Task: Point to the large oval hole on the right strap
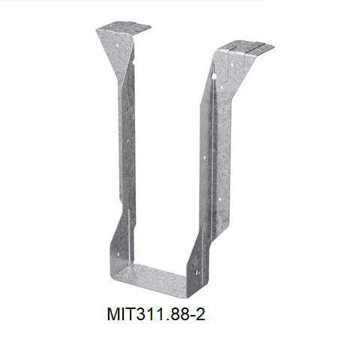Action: [x=215, y=76]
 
